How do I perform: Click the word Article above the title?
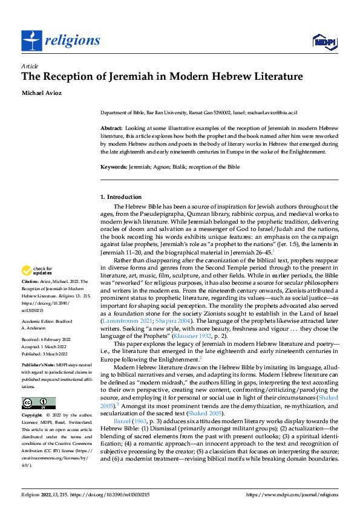30,66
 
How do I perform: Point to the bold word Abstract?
111,129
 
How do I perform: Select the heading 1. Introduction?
121,197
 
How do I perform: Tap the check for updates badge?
36,271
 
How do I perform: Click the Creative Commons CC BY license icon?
38,403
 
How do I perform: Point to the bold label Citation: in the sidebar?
31,282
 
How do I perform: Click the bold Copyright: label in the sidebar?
32,416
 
